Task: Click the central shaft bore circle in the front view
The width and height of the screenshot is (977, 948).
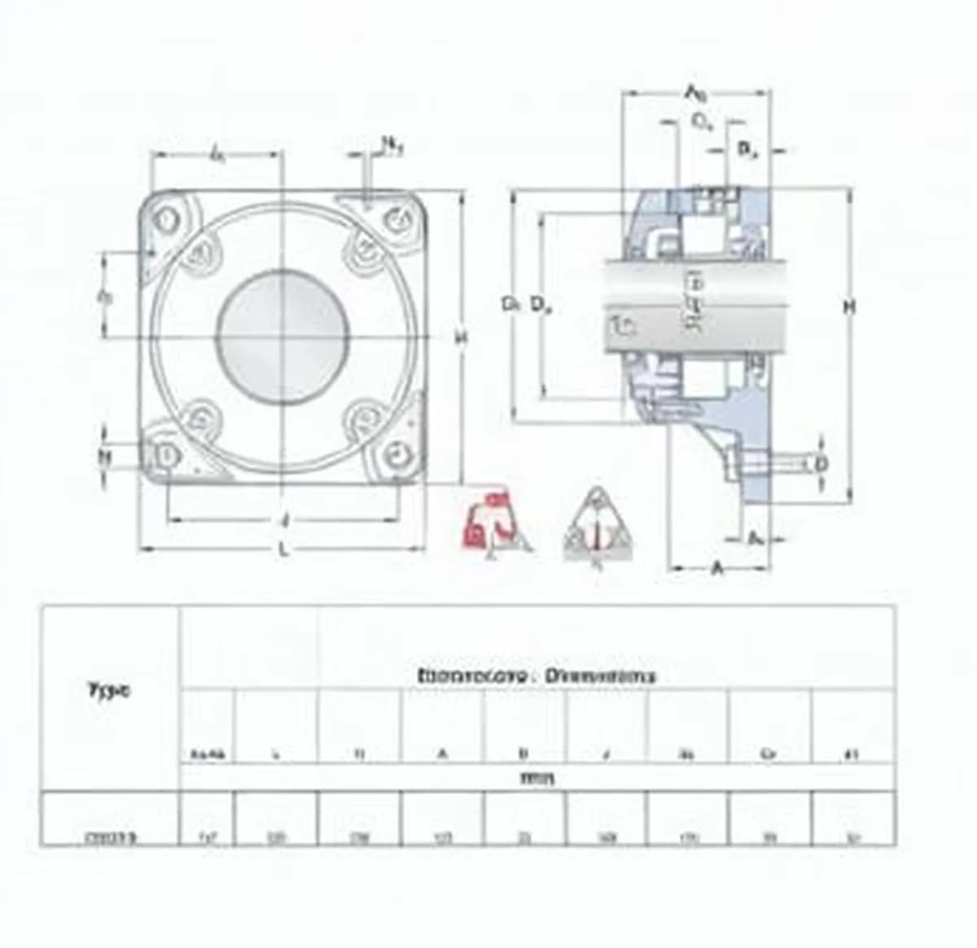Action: pos(283,336)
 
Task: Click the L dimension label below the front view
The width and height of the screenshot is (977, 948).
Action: pos(283,549)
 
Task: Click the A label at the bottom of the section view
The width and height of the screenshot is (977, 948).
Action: pos(717,568)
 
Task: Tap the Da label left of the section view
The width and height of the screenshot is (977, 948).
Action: pos(541,305)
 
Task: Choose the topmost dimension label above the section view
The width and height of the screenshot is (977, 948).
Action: pos(694,93)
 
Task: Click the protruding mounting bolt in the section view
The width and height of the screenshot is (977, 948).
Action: pos(782,464)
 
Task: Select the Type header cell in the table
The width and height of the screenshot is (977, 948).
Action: pos(108,692)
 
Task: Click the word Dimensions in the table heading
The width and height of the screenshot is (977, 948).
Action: pos(601,675)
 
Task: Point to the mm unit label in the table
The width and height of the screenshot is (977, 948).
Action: pos(537,779)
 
